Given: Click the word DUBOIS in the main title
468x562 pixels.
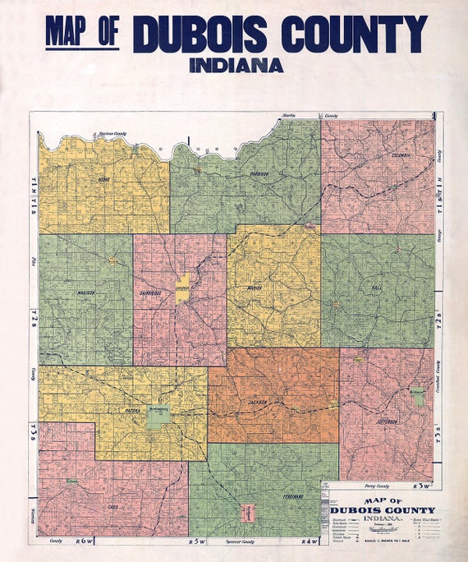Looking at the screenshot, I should (x=202, y=35).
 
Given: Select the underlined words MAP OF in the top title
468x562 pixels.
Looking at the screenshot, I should (x=82, y=33).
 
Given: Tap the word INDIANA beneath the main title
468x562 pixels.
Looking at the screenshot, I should (x=236, y=64).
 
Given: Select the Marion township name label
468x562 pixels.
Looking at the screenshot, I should (x=255, y=288).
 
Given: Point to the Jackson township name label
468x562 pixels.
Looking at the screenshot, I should (x=258, y=403).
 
